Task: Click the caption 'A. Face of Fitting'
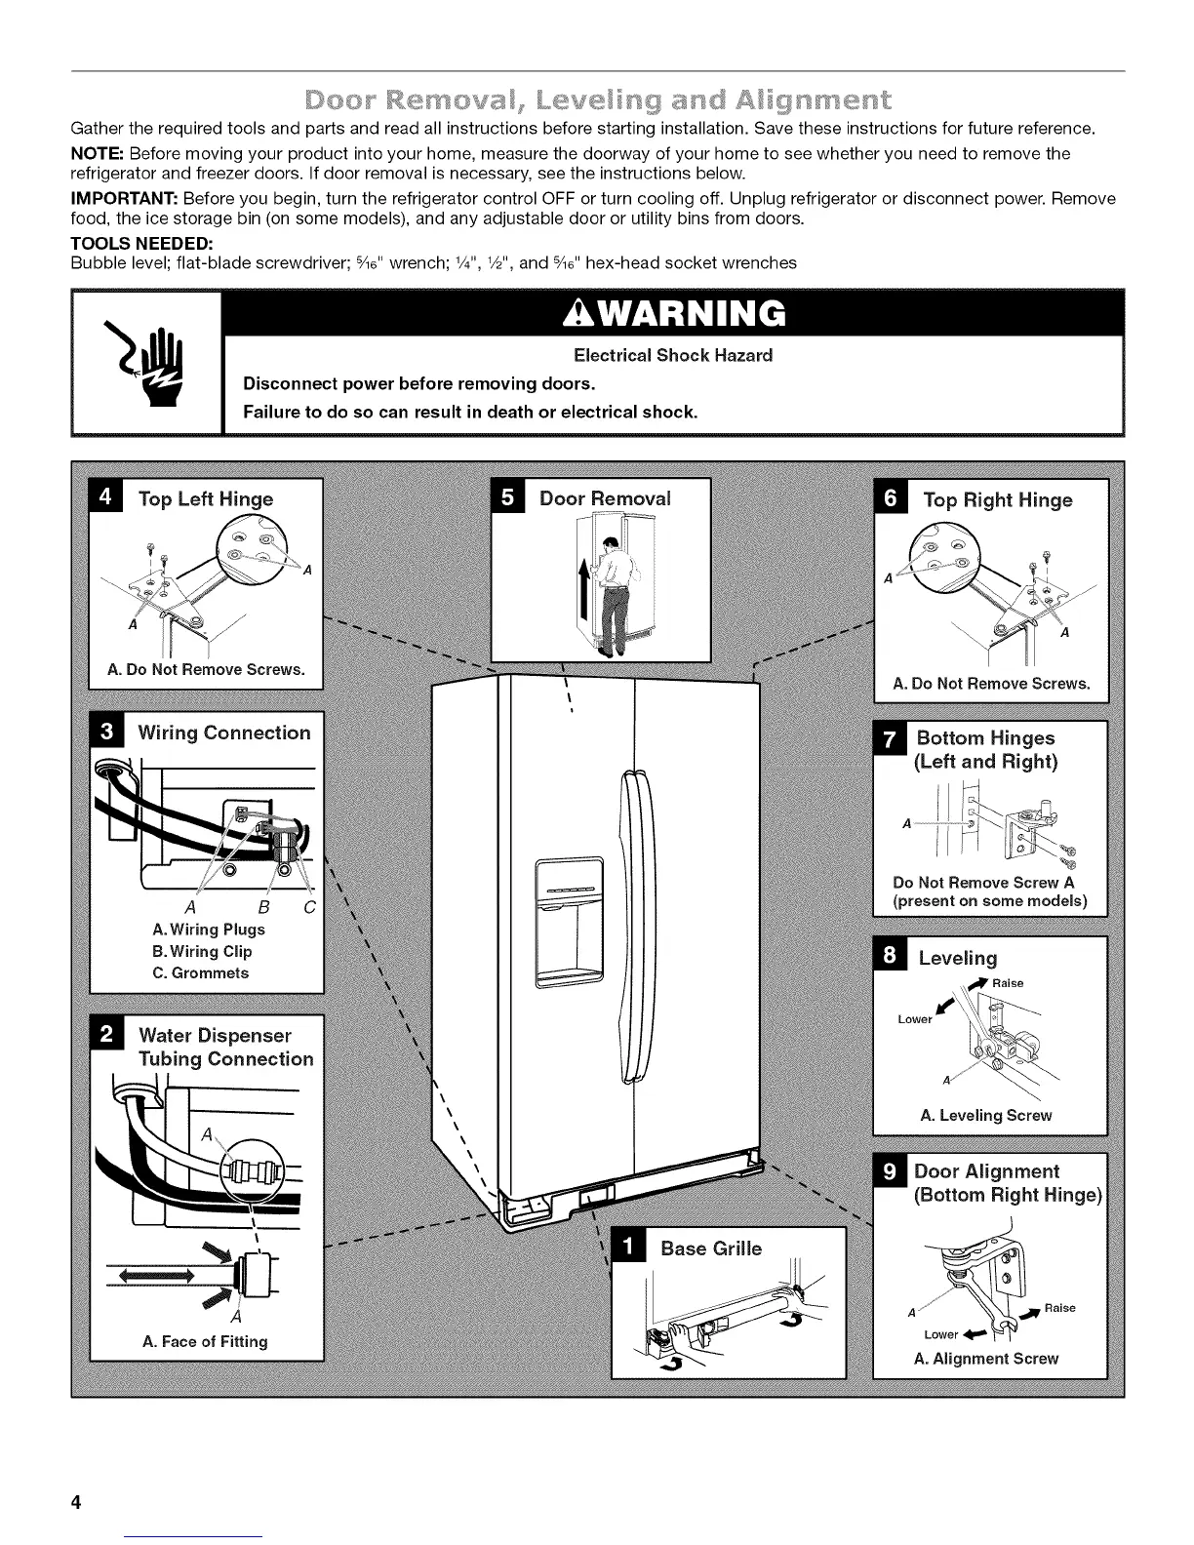205,1341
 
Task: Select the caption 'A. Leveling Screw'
986,1115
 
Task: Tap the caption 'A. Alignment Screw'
986,1358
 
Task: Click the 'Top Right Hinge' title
997,500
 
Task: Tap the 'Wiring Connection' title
223,733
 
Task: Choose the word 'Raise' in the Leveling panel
1008,983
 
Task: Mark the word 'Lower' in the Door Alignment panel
940,1334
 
